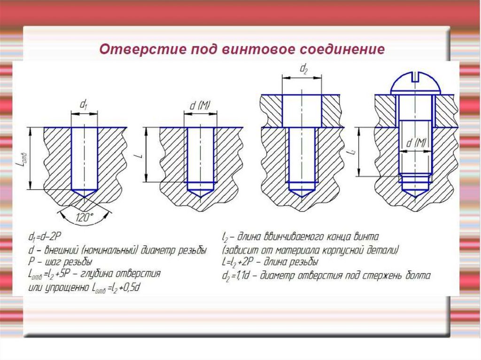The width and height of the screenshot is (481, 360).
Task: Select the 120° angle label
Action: pyautogui.click(x=85, y=217)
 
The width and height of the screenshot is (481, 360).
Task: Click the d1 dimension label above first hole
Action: pyautogui.click(x=84, y=104)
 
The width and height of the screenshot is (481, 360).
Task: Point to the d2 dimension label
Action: pyautogui.click(x=303, y=69)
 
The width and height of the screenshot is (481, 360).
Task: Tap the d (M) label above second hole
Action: pyautogui.click(x=200, y=106)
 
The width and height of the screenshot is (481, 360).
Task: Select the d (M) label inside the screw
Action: pyautogui.click(x=416, y=143)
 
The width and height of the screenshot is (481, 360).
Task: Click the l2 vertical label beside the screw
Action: pyautogui.click(x=353, y=152)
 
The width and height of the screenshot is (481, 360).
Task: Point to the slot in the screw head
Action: pyautogui.click(x=415, y=77)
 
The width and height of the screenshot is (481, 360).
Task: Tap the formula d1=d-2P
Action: pyautogui.click(x=45, y=237)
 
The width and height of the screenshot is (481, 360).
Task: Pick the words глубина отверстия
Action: pyautogui.click(x=120, y=274)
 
